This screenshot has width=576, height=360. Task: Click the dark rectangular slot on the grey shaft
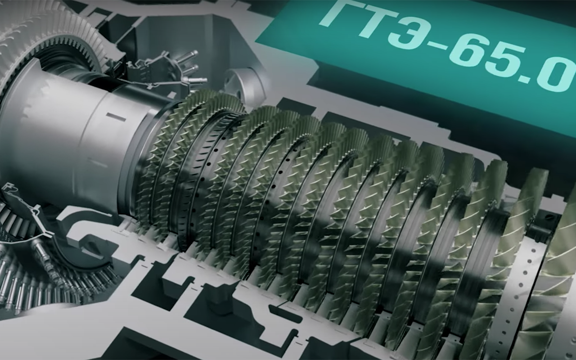pyautogui.click(x=116, y=117)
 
